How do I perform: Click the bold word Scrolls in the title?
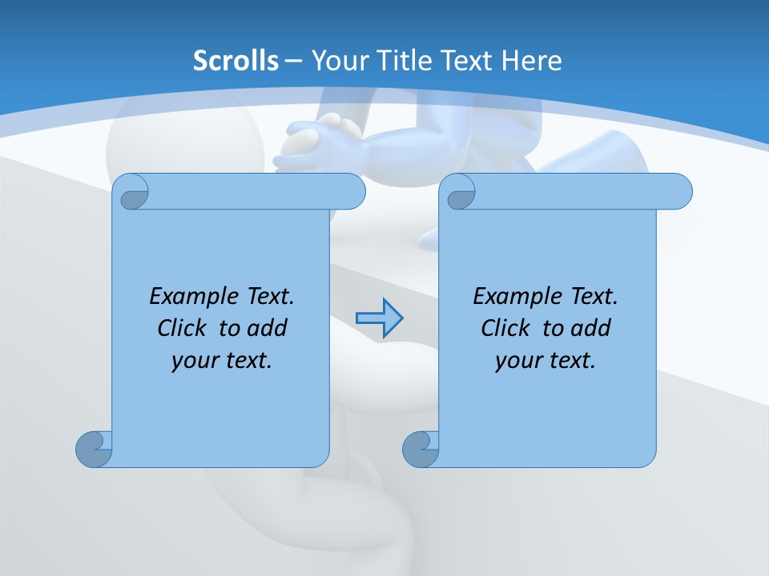[236, 61]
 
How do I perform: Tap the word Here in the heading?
[532, 61]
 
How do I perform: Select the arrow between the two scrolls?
[379, 318]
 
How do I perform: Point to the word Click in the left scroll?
[184, 328]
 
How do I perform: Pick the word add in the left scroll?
[268, 328]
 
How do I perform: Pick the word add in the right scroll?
[591, 328]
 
